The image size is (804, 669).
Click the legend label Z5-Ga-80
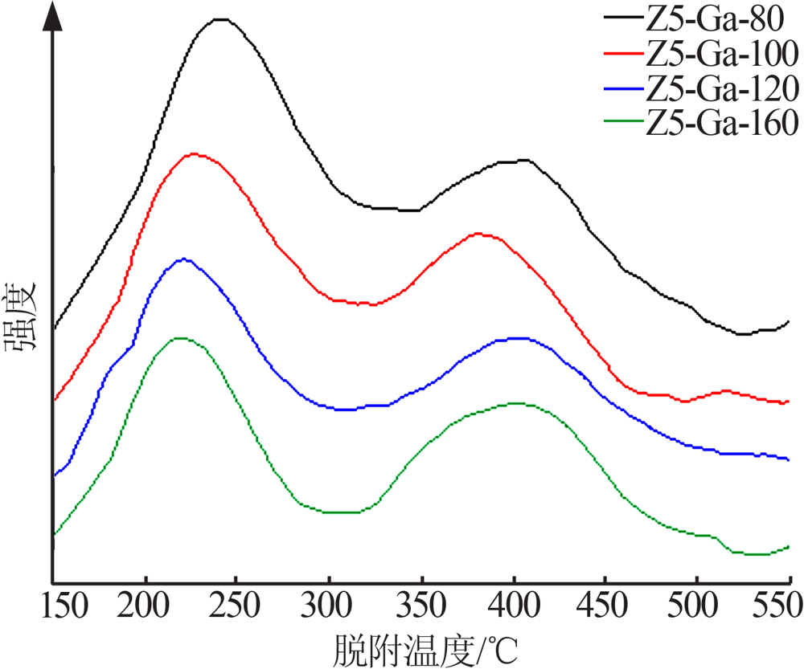click(x=714, y=18)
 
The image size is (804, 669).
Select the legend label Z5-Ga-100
click(x=722, y=53)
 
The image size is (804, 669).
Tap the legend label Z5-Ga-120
click(x=722, y=88)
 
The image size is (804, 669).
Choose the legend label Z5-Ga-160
click(x=722, y=122)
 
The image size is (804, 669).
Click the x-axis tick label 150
click(x=64, y=605)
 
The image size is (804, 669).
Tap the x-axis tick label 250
click(x=234, y=605)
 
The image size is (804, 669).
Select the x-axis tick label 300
click(x=326, y=605)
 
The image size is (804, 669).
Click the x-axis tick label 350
click(x=421, y=605)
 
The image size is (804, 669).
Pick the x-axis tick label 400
click(x=514, y=605)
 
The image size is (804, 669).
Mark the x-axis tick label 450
click(x=601, y=605)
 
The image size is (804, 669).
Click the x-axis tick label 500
click(x=693, y=605)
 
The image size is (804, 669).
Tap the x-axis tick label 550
click(x=777, y=605)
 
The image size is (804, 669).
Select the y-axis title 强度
click(x=21, y=316)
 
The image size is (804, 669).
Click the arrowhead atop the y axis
click(x=51, y=15)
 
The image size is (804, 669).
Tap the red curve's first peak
click(x=194, y=153)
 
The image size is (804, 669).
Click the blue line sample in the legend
click(x=624, y=88)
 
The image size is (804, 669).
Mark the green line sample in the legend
click(x=624, y=121)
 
